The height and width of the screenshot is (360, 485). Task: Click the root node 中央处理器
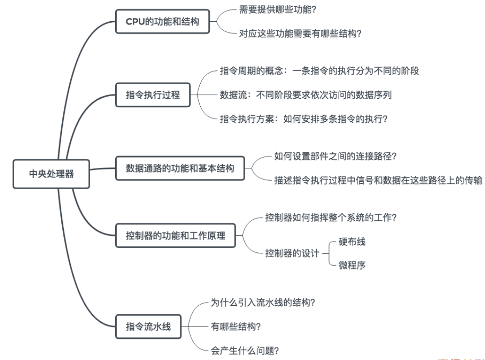click(51, 174)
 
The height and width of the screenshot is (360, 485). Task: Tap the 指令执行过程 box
click(153, 95)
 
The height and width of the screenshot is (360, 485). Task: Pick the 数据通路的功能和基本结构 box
click(180, 168)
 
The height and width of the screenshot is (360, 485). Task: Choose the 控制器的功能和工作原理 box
click(175, 235)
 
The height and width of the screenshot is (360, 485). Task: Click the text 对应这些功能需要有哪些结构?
click(301, 33)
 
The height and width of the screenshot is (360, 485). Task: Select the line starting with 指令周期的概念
click(319, 71)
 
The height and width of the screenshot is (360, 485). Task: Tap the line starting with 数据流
click(306, 95)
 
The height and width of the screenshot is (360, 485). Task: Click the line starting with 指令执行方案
click(304, 119)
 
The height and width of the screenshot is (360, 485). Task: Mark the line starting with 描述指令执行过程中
click(378, 180)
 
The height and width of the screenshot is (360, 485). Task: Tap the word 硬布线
click(352, 242)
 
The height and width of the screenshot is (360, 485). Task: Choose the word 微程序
click(352, 265)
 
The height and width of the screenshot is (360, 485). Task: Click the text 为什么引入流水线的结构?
click(263, 302)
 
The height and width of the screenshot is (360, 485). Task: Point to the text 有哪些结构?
click(236, 326)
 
